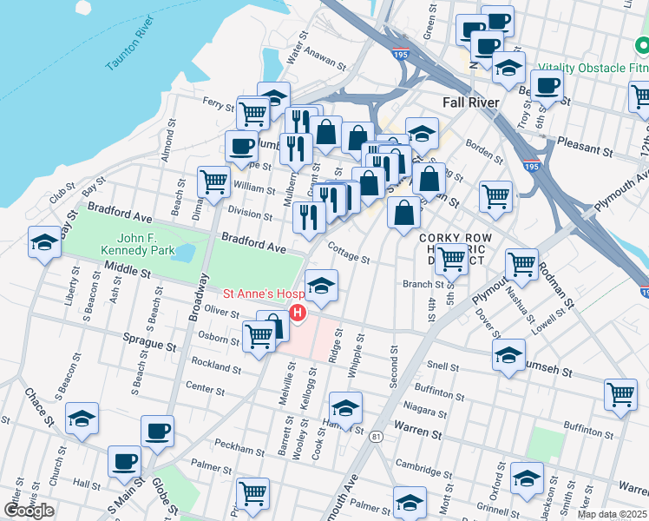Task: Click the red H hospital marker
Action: click(x=298, y=313)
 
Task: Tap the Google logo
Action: click(x=29, y=511)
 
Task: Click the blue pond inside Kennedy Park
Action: click(x=184, y=253)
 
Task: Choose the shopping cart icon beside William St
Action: click(x=213, y=181)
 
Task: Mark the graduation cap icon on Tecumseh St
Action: click(x=508, y=353)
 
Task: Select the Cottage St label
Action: click(x=349, y=254)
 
